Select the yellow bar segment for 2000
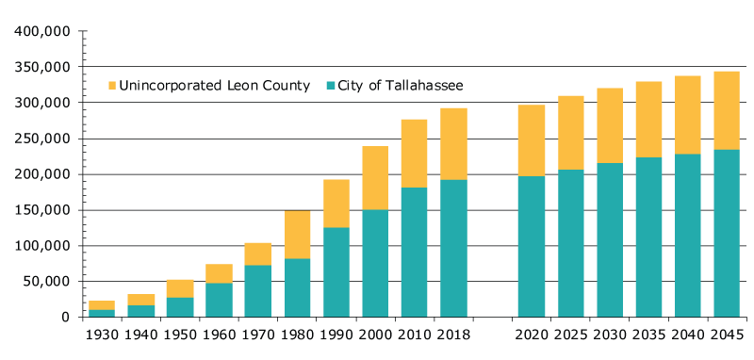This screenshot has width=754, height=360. pyautogui.click(x=375, y=177)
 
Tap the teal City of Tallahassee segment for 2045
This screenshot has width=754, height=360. pyautogui.click(x=726, y=233)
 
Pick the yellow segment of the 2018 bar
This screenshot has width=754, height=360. pyautogui.click(x=453, y=143)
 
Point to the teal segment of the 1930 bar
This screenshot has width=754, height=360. pyautogui.click(x=102, y=313)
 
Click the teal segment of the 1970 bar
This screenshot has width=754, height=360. pyautogui.click(x=257, y=290)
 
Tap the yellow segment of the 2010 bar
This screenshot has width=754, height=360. pyautogui.click(x=414, y=153)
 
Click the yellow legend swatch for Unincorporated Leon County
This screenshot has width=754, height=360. pyautogui.click(x=112, y=86)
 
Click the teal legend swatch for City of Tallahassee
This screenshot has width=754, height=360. pyautogui.click(x=331, y=86)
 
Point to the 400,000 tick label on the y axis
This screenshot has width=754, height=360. pyautogui.click(x=43, y=31)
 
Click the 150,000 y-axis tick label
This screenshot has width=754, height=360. pyautogui.click(x=43, y=210)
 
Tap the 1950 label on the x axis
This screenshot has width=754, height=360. pyautogui.click(x=180, y=335)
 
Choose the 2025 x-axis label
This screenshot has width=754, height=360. pyautogui.click(x=571, y=335)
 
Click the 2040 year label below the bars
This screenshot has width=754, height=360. pyautogui.click(x=688, y=335)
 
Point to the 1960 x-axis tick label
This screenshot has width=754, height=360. pyautogui.click(x=219, y=335)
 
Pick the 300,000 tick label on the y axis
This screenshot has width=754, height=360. pyautogui.click(x=43, y=103)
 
